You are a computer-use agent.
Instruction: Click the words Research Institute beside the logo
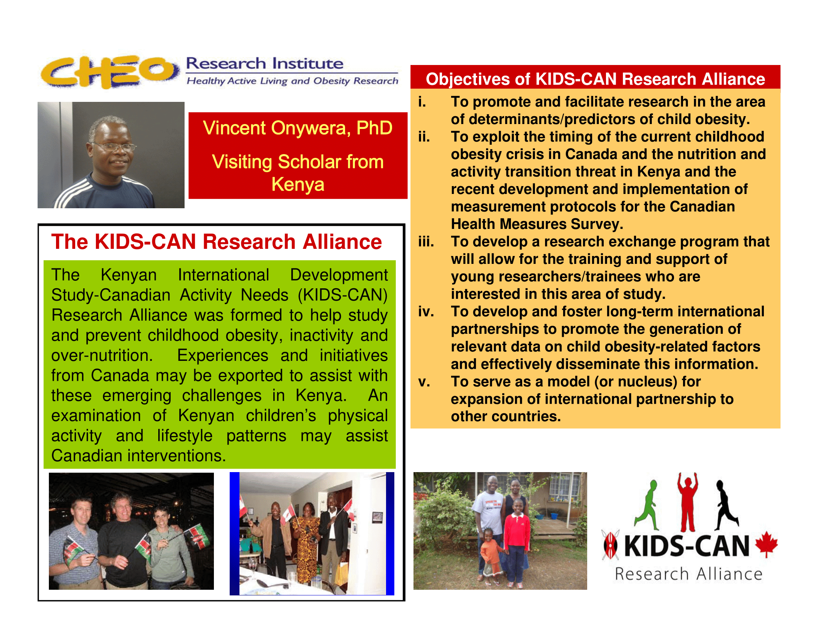(265, 63)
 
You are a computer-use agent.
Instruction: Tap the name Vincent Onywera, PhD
(298, 128)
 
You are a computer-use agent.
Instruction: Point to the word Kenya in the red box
(298, 184)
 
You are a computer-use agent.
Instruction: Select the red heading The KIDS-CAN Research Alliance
(217, 242)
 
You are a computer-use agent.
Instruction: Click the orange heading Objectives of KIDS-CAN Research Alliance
(595, 79)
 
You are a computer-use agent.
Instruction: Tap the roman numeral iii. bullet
(426, 241)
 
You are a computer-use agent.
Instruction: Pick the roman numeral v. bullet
(424, 382)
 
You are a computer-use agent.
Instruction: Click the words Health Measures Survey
(536, 224)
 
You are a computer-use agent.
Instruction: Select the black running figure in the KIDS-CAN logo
(726, 505)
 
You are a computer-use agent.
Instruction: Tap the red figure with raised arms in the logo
(688, 502)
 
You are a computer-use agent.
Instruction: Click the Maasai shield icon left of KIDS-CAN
(610, 545)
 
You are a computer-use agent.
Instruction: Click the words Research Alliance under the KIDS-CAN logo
(688, 574)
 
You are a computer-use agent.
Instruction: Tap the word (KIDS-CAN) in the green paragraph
(343, 295)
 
